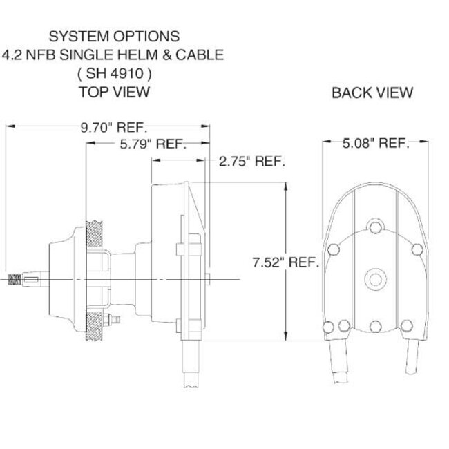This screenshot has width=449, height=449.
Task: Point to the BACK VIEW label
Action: (x=372, y=92)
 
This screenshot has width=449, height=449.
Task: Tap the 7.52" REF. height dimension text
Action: (x=285, y=262)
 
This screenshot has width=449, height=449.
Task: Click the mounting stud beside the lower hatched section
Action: (x=111, y=320)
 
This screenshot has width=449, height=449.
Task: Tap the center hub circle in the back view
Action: (x=375, y=278)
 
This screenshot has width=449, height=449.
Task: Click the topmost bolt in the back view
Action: (x=375, y=228)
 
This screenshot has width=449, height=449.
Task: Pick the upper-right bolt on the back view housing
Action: (x=416, y=248)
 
